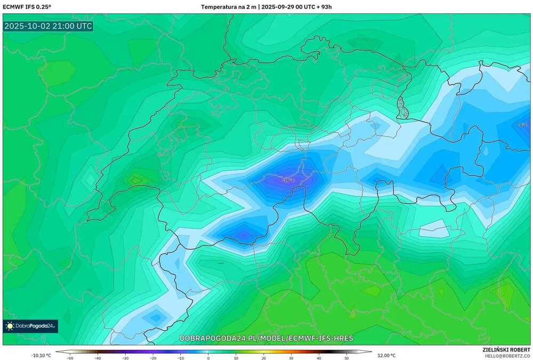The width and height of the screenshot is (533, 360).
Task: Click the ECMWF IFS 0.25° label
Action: [26, 7]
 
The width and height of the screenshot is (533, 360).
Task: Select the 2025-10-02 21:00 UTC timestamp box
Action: [48, 26]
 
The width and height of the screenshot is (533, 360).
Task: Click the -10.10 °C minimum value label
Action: [41, 355]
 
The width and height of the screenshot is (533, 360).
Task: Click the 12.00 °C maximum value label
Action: [386, 355]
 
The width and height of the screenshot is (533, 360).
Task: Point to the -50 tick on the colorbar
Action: [69, 358]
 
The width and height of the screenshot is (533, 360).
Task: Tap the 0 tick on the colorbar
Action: [208, 358]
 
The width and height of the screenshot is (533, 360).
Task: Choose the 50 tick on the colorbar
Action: [346, 358]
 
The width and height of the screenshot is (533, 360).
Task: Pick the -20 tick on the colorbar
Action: [152, 358]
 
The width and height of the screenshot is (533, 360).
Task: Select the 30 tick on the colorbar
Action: [291, 358]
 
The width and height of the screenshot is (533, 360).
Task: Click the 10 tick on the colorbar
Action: [236, 358]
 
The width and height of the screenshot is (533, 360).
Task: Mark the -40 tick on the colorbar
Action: [97, 358]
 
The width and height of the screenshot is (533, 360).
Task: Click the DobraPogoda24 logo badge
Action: [30, 326]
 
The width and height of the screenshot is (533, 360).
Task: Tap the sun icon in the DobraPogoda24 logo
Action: [10, 326]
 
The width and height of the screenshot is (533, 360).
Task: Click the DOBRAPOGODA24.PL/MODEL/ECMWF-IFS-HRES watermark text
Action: [266, 339]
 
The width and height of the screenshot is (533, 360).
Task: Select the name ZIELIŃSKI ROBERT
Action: [506, 349]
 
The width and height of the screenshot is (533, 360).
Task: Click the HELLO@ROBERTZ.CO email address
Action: [506, 355]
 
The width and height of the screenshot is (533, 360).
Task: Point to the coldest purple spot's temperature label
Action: [288, 180]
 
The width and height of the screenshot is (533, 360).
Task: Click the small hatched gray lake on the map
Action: [404, 110]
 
